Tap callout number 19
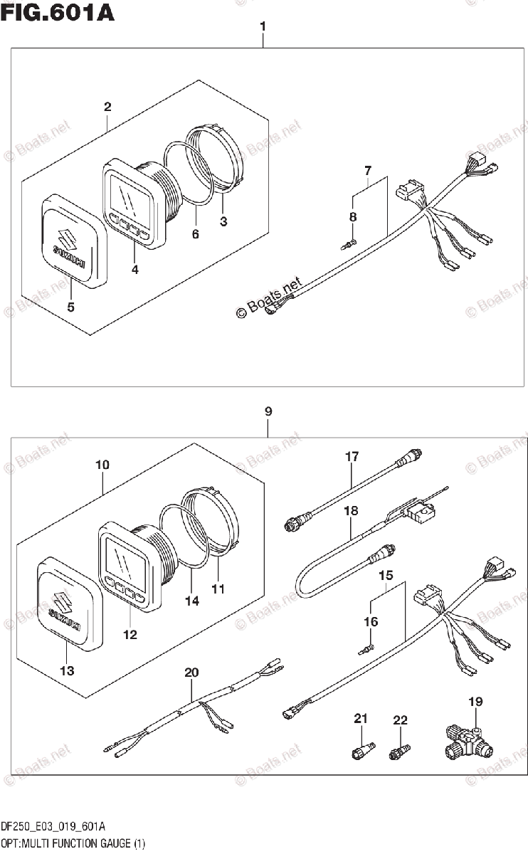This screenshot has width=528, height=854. [x=475, y=701]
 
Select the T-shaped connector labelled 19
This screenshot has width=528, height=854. [x=469, y=743]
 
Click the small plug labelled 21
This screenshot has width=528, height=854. [x=363, y=750]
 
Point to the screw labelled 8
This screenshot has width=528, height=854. [x=349, y=244]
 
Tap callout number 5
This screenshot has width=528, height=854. [x=71, y=307]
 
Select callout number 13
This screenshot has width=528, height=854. [x=67, y=670]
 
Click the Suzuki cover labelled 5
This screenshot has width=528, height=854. [x=73, y=241]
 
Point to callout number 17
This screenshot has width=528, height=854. [x=352, y=456]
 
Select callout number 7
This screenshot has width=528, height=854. [x=368, y=170]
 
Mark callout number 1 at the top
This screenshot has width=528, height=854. [x=263, y=27]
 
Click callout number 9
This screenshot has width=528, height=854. [x=268, y=411]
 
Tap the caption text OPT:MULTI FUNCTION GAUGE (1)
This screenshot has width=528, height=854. [x=73, y=844]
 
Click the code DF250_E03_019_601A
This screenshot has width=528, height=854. [x=53, y=827]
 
